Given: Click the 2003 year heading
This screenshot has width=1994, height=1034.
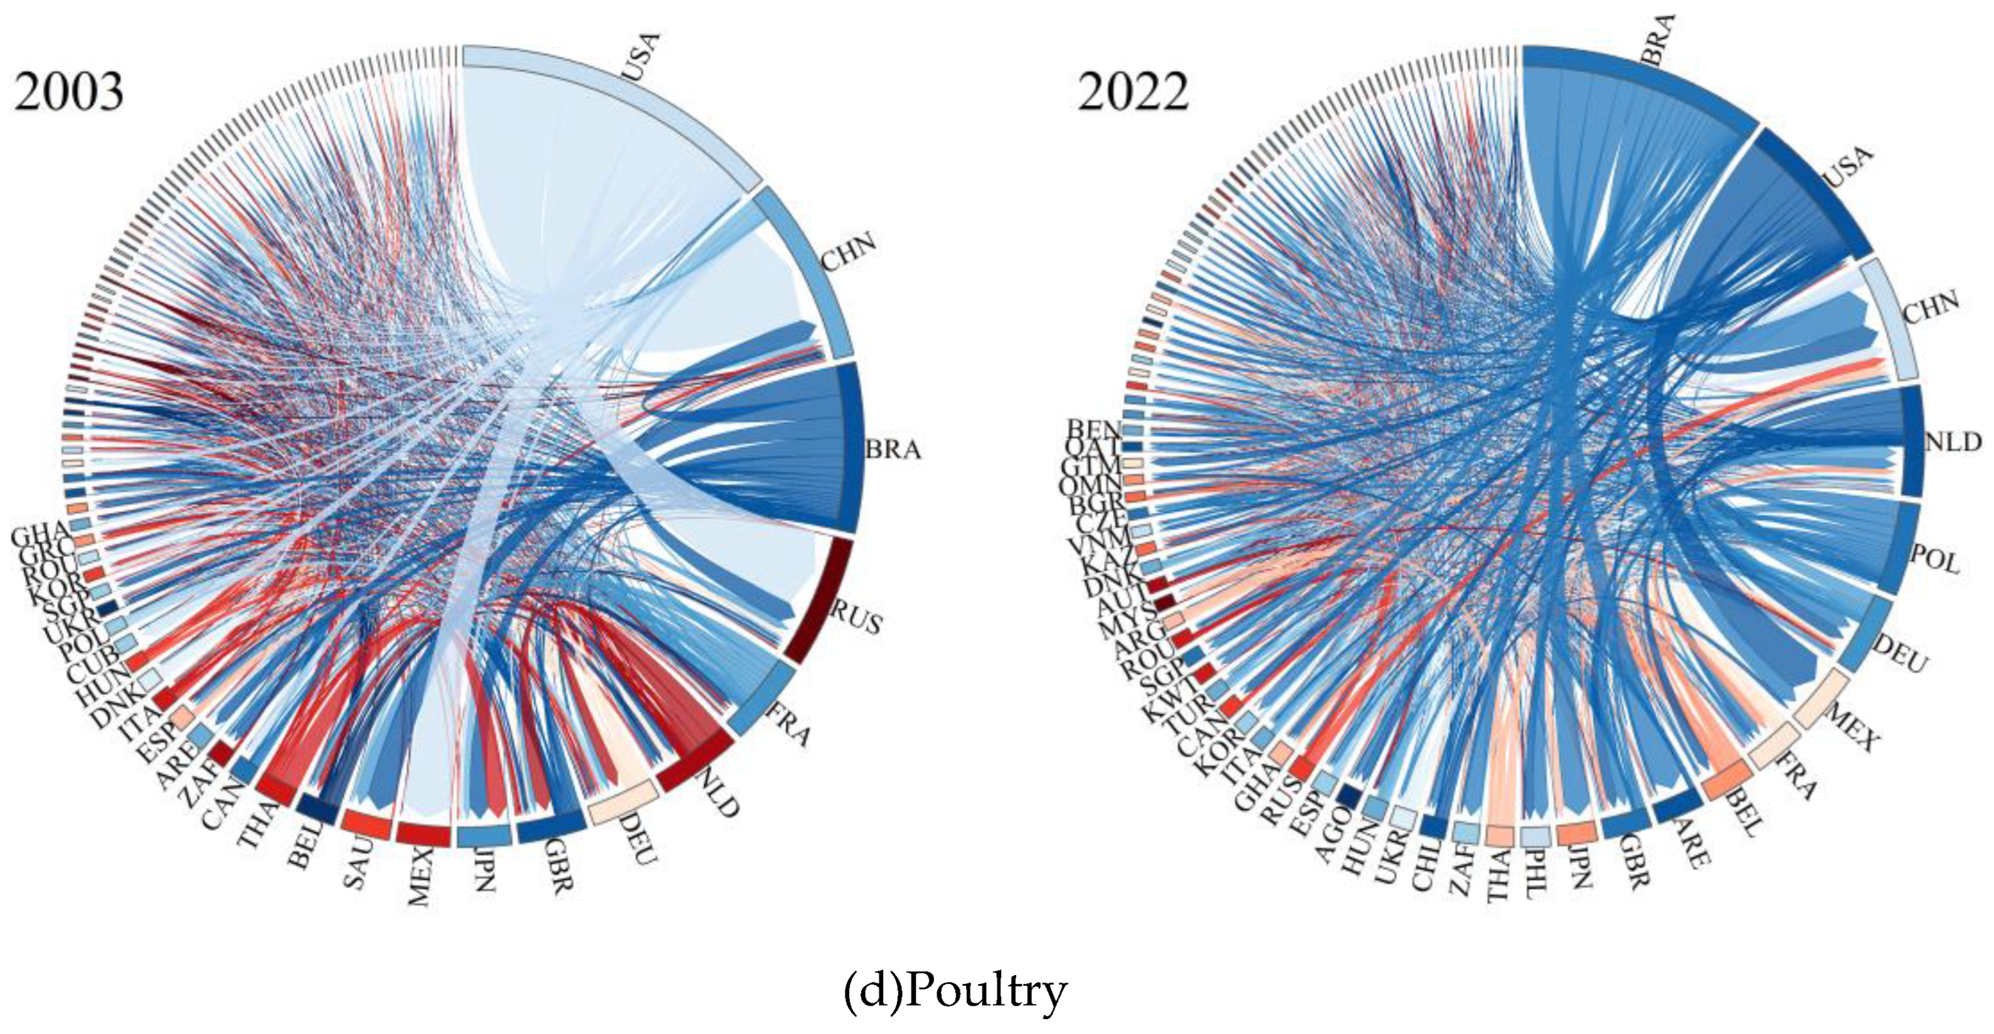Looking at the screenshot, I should coord(68,92).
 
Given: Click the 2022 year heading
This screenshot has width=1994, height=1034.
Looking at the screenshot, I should coord(1132,92).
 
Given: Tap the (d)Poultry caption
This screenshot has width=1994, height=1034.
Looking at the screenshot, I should coord(955,991).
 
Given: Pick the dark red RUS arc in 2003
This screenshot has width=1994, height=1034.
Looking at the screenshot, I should coord(820,601).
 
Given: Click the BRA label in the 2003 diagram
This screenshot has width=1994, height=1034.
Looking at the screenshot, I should coord(893,450).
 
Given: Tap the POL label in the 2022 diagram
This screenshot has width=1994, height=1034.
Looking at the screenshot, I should coord(1935,558).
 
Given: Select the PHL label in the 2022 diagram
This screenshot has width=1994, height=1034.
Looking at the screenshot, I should coord(1531,875).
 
